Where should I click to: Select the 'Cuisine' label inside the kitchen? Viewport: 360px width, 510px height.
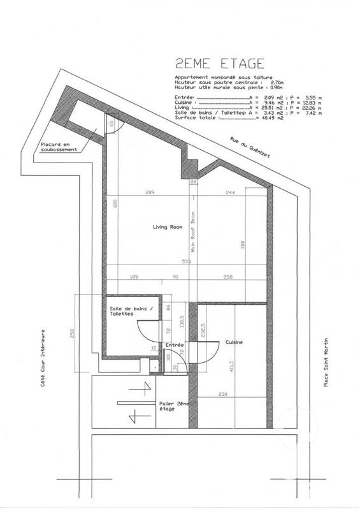234,342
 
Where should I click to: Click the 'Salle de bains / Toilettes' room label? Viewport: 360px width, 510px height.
127,312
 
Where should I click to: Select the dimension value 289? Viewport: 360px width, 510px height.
151,193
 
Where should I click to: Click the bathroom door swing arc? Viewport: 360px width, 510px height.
145,331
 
